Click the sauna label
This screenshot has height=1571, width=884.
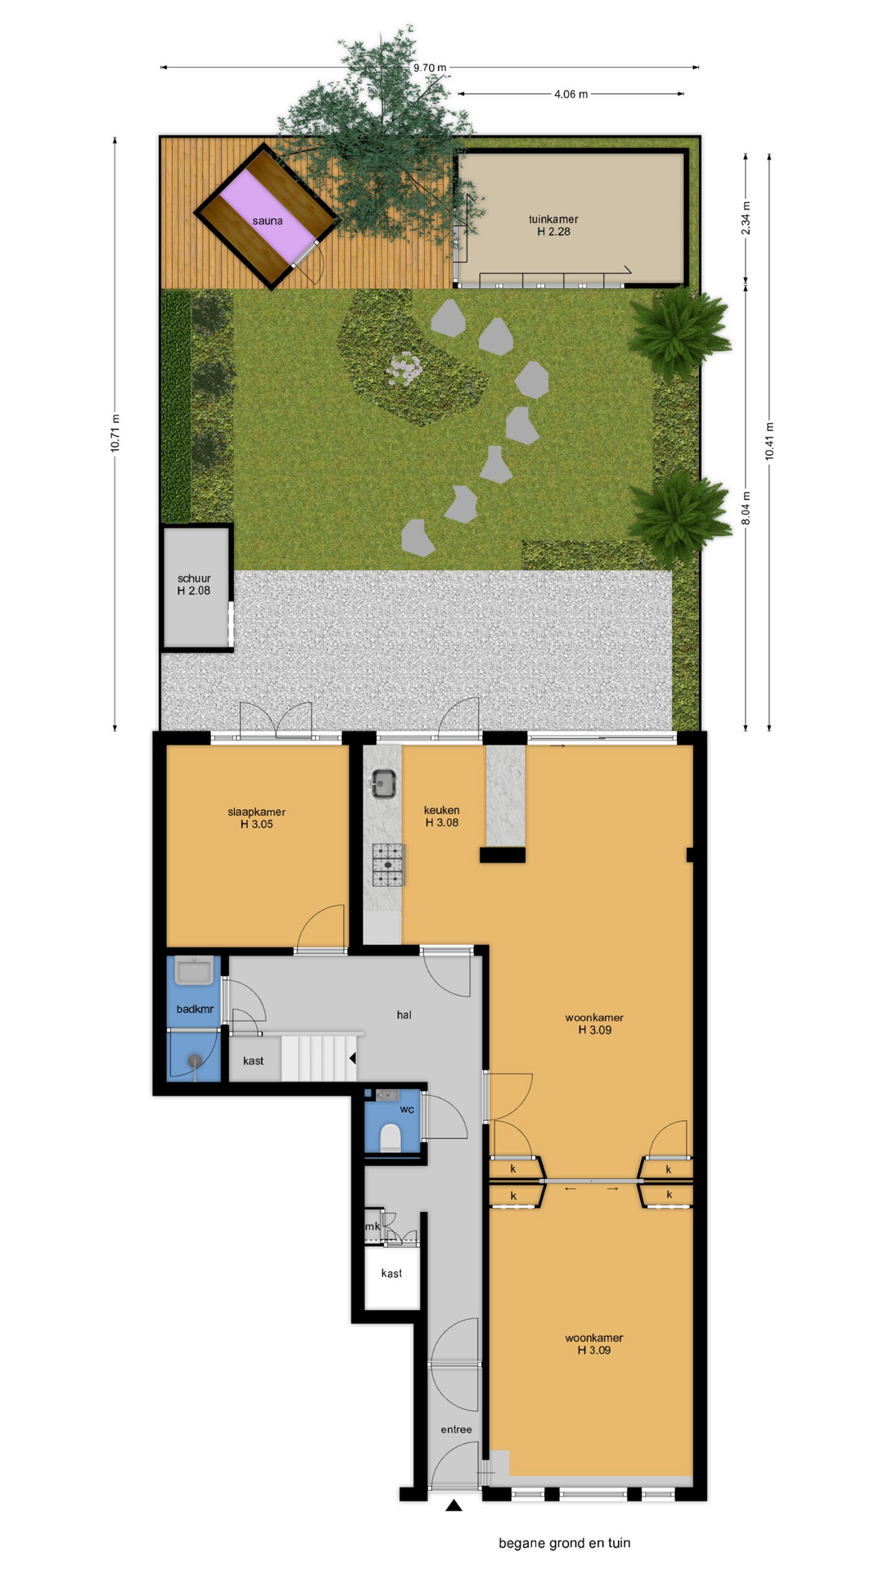(x=268, y=221)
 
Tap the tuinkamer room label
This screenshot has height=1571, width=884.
(x=553, y=219)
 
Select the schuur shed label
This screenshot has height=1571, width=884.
(x=194, y=578)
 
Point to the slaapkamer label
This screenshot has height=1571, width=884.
(x=256, y=813)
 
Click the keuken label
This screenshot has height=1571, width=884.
(x=442, y=811)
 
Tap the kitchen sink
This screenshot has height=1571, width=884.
(x=383, y=784)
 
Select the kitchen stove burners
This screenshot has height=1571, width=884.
(x=389, y=864)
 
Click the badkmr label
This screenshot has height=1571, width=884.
(x=195, y=1009)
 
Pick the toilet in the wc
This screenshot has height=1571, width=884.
(x=390, y=1138)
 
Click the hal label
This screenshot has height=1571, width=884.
(x=404, y=1015)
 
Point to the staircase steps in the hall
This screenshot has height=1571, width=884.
(x=318, y=1057)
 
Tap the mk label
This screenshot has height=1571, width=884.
(x=372, y=1227)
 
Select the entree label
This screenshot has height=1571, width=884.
(x=456, y=1429)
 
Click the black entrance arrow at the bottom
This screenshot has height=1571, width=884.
(x=454, y=1505)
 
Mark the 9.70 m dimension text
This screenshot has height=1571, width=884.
(x=430, y=68)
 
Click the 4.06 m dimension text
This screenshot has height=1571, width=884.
(x=571, y=94)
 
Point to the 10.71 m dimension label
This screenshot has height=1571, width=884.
(x=115, y=433)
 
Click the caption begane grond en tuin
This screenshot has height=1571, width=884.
(x=565, y=1543)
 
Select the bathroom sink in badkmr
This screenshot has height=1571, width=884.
(x=194, y=970)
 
